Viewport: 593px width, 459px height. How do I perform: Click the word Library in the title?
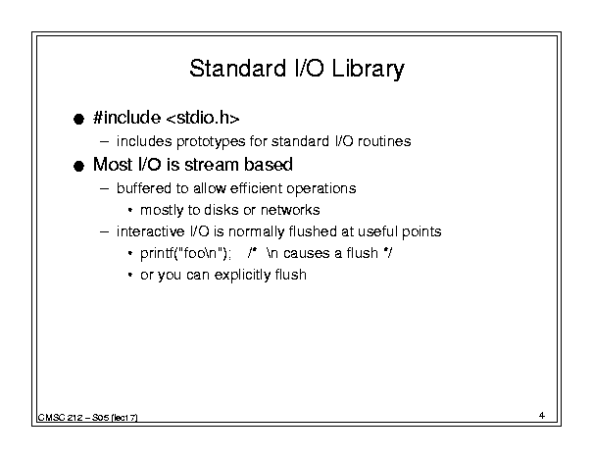[x=368, y=70]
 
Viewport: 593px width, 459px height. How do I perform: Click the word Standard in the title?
[x=238, y=69]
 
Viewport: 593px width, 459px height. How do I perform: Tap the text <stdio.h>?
[x=203, y=118]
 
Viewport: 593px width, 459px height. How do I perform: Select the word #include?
[x=126, y=118]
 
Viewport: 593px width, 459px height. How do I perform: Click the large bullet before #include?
[x=78, y=120]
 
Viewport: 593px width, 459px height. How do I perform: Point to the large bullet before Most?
[x=78, y=166]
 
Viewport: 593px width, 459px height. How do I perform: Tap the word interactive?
[x=150, y=231]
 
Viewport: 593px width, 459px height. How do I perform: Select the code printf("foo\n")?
[x=185, y=253]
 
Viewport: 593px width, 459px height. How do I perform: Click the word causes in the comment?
[x=307, y=253]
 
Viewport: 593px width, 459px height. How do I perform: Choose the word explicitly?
[x=242, y=275]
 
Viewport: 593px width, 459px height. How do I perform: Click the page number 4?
[x=542, y=416]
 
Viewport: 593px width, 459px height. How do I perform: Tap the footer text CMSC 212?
[x=60, y=418]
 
